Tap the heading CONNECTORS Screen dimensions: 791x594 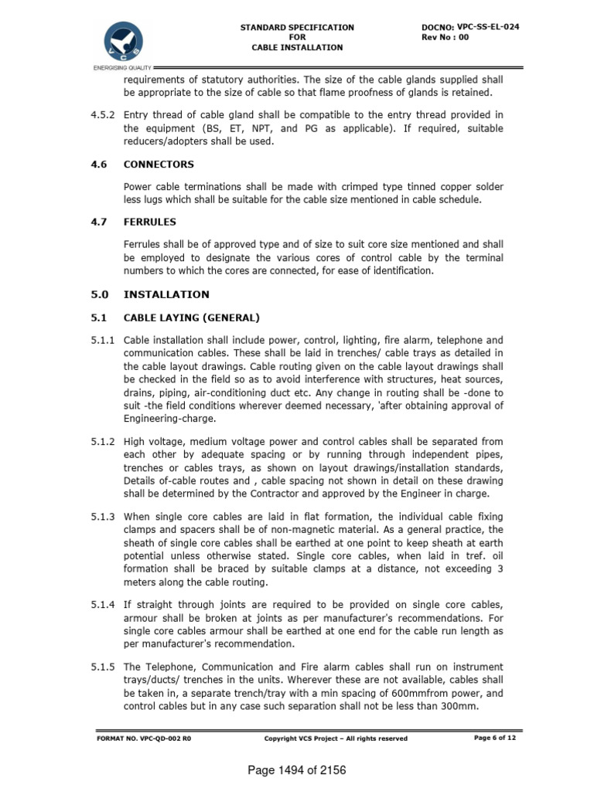159,165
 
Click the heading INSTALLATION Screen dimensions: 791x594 166,294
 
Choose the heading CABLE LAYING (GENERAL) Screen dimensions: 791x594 192,317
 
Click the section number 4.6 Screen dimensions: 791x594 97,165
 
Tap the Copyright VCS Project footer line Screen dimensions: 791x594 336,738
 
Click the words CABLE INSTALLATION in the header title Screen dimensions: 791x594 297,48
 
